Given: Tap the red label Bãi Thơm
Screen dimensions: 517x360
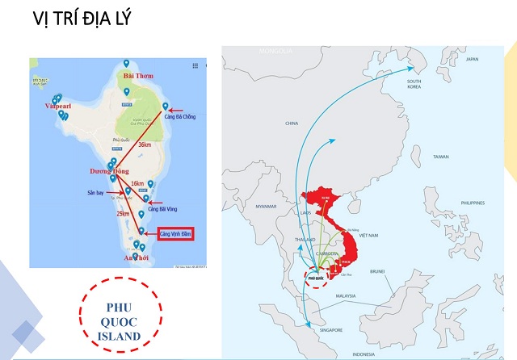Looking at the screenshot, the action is pos(138,75).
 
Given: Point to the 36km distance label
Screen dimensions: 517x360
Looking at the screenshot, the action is pos(145,144).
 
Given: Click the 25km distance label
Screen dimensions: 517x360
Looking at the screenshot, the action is pos(122,214).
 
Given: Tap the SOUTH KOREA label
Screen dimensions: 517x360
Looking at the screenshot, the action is pos(414,84).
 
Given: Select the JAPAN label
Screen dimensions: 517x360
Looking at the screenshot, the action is pos(473,60).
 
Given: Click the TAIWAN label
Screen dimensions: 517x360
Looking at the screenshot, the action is pos(440,157).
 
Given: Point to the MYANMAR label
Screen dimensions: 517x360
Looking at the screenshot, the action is pos(266,207).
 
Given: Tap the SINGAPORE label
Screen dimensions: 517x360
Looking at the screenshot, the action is pos(329,329).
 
